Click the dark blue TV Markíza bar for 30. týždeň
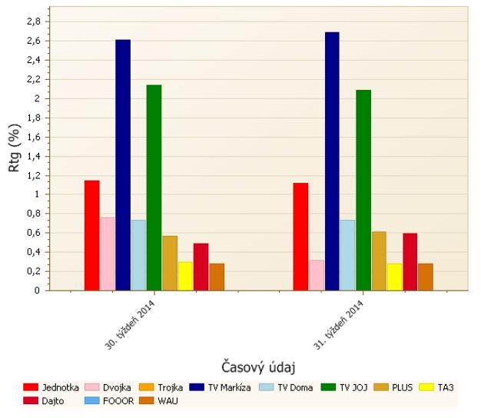point(123,164)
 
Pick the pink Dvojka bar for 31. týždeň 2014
point(317,275)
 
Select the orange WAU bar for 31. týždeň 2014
point(426,277)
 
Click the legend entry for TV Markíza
point(229,387)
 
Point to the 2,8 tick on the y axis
point(32,22)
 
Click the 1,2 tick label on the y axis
point(32,175)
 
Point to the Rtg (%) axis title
point(15,148)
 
